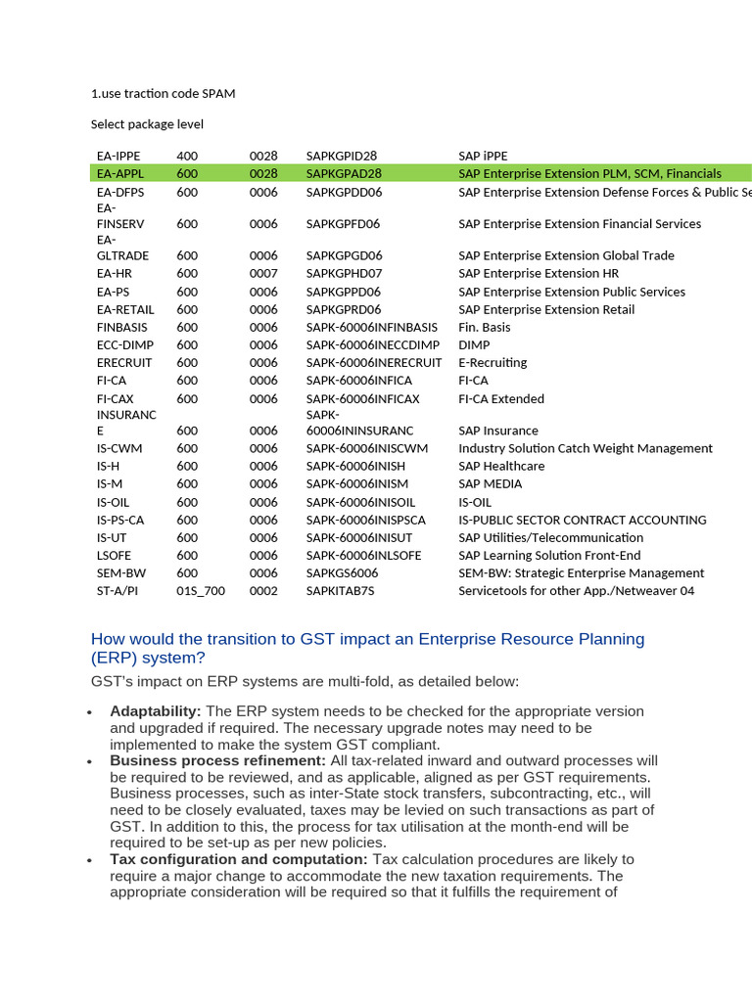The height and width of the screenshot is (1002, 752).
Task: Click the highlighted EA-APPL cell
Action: tap(119, 173)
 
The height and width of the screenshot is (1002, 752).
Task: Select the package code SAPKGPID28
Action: tap(341, 156)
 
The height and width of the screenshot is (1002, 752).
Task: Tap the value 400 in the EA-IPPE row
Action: tap(187, 156)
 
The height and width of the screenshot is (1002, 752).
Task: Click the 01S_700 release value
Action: tap(201, 591)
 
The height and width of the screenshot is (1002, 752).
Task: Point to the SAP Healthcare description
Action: tap(501, 466)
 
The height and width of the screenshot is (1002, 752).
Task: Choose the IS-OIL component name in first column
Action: tap(113, 502)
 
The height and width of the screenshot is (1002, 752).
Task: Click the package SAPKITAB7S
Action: tap(340, 591)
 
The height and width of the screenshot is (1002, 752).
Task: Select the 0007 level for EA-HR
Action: tap(263, 273)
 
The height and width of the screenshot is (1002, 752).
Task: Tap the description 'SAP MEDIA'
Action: tap(490, 483)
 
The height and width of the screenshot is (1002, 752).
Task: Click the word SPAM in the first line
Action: tap(218, 94)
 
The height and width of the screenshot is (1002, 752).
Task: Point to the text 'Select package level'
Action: tap(147, 124)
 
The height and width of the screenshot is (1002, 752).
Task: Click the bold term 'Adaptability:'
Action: tap(156, 711)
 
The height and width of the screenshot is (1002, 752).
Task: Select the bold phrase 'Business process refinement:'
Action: tap(217, 760)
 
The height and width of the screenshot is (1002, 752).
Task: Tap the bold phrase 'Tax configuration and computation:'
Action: tap(239, 859)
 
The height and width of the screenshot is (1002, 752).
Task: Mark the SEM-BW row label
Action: tap(120, 573)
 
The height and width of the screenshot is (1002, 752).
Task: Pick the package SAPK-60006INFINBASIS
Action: tap(371, 327)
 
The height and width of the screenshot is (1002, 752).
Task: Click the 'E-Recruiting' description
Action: tap(493, 362)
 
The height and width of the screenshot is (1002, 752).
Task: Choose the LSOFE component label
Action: tap(114, 555)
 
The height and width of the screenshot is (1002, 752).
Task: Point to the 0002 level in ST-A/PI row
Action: tap(263, 591)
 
